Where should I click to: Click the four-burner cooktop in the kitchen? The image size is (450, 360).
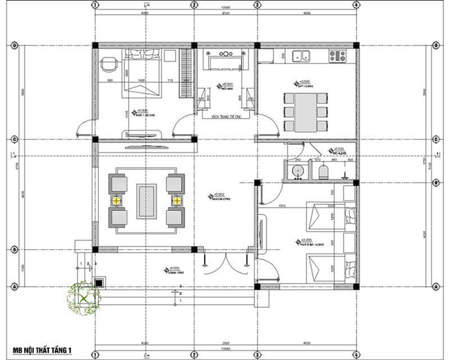pyautogui.click(x=338, y=56)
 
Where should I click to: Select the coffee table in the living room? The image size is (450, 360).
pyautogui.click(x=147, y=200)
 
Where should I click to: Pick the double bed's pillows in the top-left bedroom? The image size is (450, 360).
pyautogui.click(x=143, y=54)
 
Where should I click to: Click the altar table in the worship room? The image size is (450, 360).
pyautogui.click(x=225, y=63)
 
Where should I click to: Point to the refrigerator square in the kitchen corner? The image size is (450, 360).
pyautogui.click(x=265, y=56)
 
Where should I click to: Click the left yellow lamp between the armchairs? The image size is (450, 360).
pyautogui.click(x=116, y=200)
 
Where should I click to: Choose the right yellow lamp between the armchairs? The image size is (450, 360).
pyautogui.click(x=177, y=200)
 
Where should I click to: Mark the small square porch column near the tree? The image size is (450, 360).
pyautogui.click(x=99, y=282)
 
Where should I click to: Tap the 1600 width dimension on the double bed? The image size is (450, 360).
pyautogui.click(x=142, y=80)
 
